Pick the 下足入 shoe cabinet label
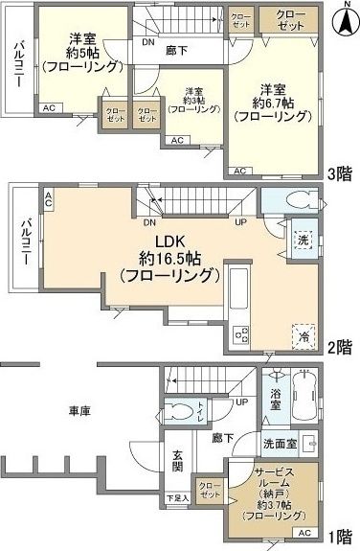[176, 498]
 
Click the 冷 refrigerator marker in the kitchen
[304, 335]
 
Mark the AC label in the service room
[304, 532]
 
